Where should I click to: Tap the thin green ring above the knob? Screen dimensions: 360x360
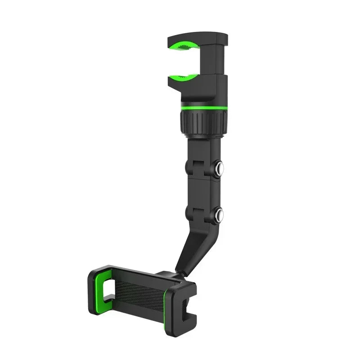(x=204, y=108)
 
